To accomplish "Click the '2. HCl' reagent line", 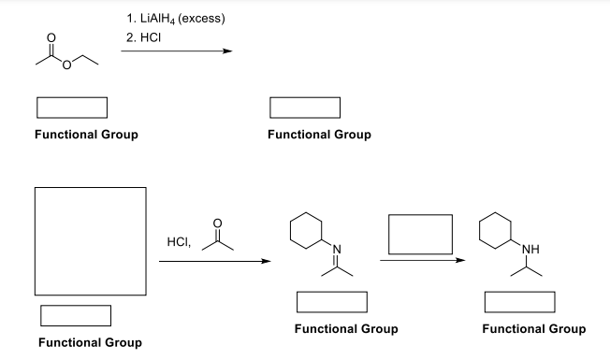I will (144, 39).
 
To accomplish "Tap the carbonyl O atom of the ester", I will (53, 38).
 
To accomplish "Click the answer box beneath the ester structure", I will (72, 108).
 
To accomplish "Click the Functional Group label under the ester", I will (86, 135).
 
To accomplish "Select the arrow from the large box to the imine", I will (214, 262).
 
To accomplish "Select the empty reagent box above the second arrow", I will (420, 235).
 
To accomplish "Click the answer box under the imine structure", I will (330, 303).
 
